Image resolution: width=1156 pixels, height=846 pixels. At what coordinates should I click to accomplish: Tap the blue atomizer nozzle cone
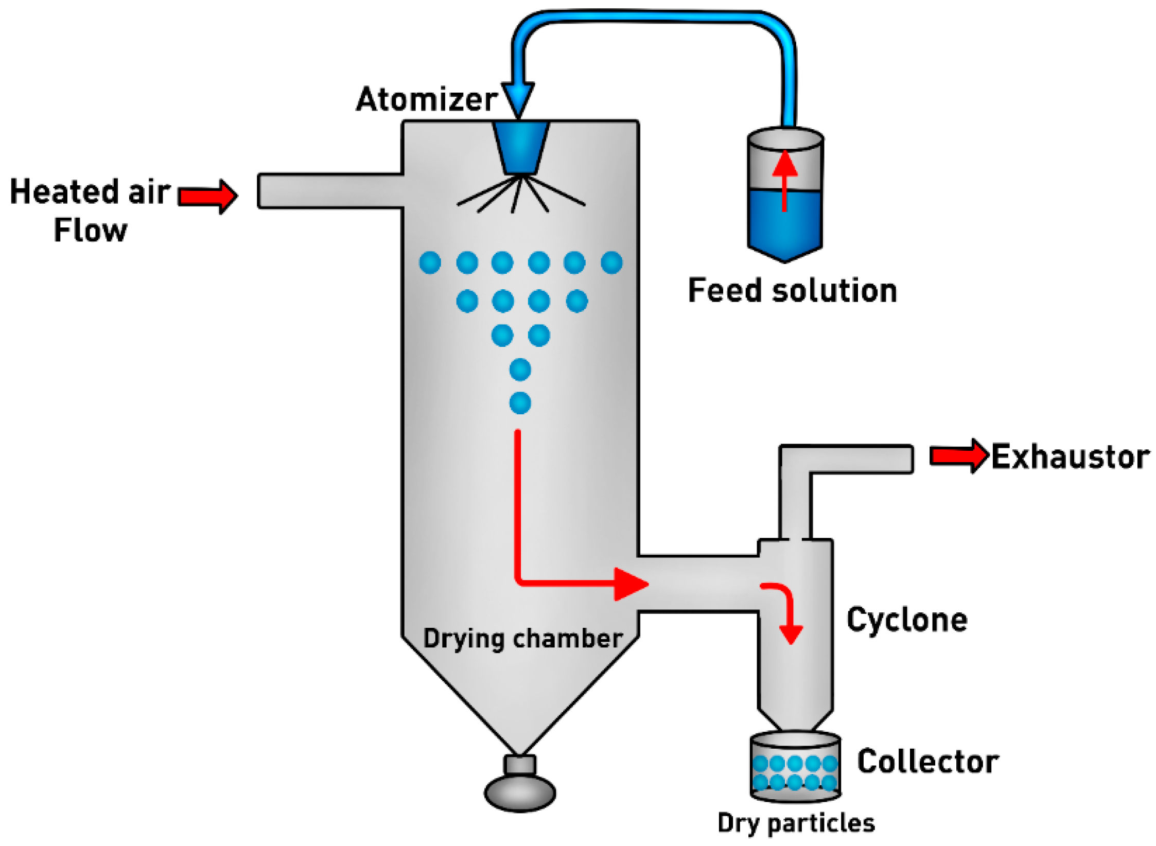tap(520, 147)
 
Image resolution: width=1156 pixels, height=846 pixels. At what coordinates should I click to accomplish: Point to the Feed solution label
tap(792, 291)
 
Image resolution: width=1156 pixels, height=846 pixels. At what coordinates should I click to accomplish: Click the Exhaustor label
tap(1070, 456)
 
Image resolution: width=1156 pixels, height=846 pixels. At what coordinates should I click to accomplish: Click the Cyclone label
tap(906, 620)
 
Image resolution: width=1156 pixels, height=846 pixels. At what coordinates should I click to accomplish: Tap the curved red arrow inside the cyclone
tap(783, 610)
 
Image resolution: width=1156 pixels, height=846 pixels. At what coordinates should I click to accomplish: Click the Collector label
tap(927, 762)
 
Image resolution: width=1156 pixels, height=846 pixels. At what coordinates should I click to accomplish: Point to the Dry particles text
tap(796, 823)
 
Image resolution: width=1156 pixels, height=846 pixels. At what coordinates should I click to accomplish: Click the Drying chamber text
tap(522, 639)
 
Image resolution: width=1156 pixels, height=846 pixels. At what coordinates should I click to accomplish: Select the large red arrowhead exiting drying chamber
tap(629, 584)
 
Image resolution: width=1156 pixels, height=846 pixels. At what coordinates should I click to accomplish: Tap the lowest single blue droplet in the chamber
tap(520, 403)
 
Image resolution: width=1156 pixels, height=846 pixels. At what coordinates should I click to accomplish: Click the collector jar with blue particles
tap(795, 767)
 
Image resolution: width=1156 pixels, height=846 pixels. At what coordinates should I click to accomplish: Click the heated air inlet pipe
tap(330, 191)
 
